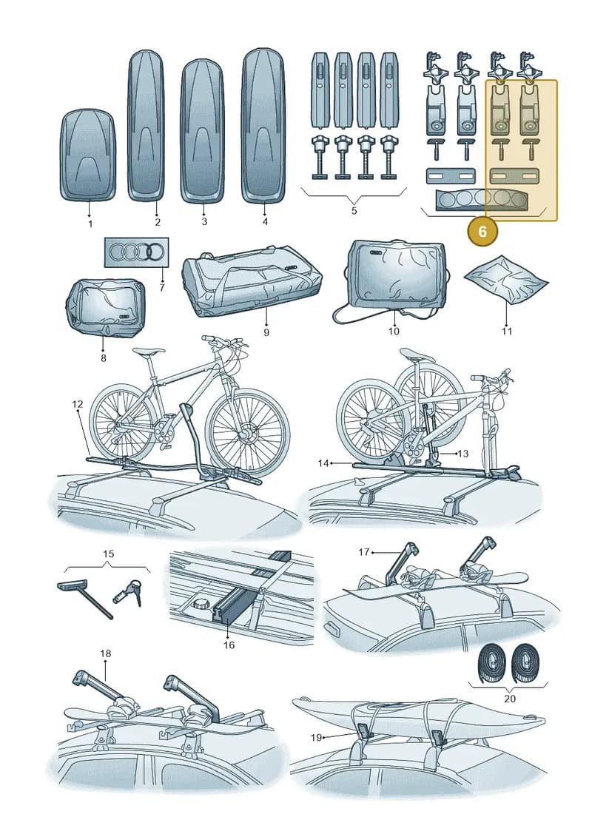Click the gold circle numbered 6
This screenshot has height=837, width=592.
[482, 231]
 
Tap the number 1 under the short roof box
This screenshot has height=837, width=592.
[90, 223]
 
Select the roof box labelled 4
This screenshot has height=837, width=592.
[263, 126]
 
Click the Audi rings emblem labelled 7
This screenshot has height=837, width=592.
[136, 252]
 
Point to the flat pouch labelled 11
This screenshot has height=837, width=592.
[506, 280]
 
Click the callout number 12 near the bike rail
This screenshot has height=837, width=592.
[78, 404]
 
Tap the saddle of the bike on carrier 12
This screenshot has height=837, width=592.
[148, 352]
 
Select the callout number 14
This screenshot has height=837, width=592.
[323, 463]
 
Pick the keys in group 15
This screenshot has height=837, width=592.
[128, 591]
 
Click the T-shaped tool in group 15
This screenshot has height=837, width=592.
[84, 599]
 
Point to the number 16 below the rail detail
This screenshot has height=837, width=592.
[229, 645]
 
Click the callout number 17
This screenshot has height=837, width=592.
[363, 552]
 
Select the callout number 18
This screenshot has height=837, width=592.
[105, 653]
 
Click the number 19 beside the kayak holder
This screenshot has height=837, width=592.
[316, 737]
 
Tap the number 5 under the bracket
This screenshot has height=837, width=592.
[354, 210]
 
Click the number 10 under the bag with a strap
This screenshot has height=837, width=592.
[394, 331]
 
